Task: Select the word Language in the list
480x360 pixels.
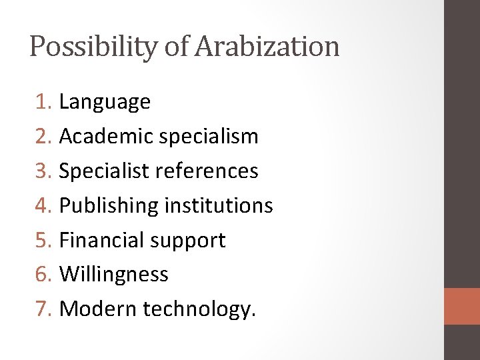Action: [105, 102]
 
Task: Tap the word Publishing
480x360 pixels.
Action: [109, 206]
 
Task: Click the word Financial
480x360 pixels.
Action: [100, 240]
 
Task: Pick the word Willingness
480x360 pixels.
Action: [113, 275]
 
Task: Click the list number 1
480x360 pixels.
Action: [43, 102]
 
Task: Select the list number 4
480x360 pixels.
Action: [43, 205]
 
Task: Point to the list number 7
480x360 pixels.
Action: [43, 309]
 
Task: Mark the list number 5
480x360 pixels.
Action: [43, 240]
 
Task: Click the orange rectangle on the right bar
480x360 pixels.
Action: [462, 306]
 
